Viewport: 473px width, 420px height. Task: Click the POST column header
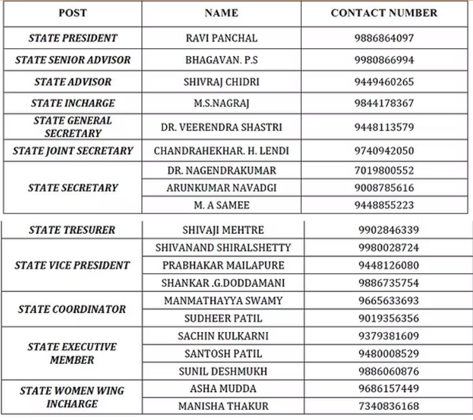click(x=73, y=13)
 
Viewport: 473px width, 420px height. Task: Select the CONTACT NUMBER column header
click(x=384, y=13)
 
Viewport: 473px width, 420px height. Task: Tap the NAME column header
click(x=222, y=13)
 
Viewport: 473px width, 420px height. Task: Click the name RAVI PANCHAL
click(x=222, y=38)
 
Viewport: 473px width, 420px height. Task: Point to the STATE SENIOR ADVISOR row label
click(x=73, y=60)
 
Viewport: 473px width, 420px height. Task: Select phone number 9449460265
click(x=384, y=82)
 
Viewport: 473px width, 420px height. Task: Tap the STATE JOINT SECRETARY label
click(x=73, y=151)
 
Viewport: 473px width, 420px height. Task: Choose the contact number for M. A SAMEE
click(x=384, y=205)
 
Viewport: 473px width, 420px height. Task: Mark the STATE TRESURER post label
click(x=73, y=230)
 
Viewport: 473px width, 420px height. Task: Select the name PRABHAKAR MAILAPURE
click(x=223, y=265)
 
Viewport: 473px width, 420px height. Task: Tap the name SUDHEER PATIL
click(x=223, y=319)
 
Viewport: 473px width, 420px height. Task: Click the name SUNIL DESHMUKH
click(x=223, y=371)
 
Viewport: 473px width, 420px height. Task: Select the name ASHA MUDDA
click(x=223, y=389)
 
